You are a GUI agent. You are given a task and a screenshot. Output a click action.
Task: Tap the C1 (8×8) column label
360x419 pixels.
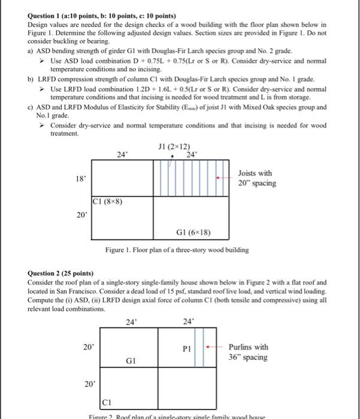click(x=108, y=202)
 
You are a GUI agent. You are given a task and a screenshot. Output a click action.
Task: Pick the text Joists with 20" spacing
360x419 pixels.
click(x=258, y=178)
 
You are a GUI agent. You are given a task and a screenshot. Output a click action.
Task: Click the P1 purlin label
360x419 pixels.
click(x=189, y=348)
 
